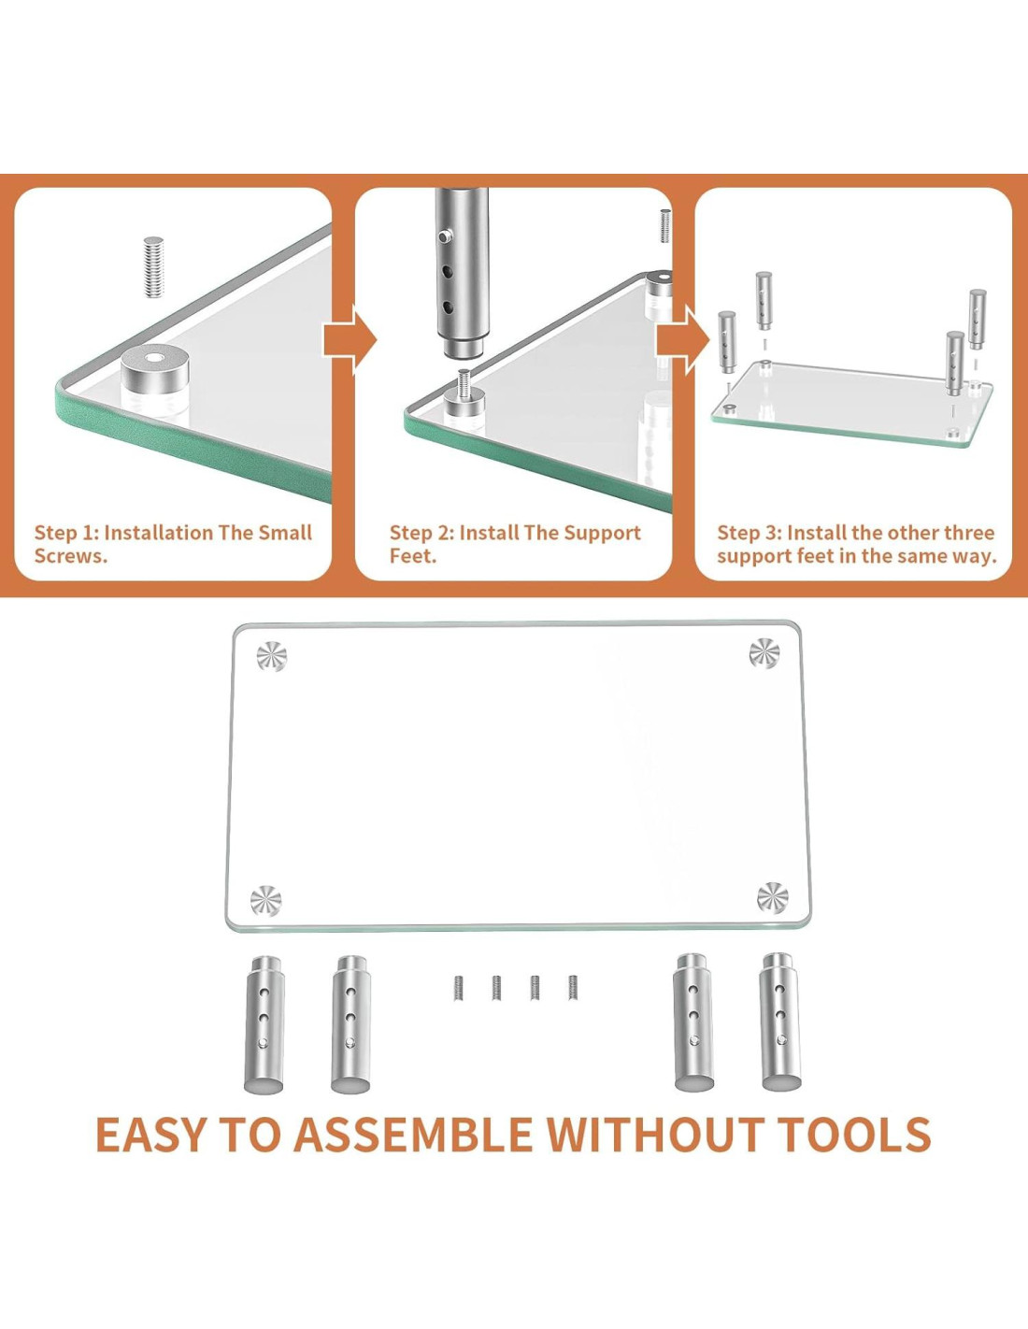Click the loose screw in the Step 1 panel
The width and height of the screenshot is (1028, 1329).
pos(153,267)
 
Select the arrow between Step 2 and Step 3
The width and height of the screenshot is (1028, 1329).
pos(683,339)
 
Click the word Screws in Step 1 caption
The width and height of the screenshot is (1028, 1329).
pos(71,556)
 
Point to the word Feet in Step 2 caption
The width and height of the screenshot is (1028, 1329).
pos(413,556)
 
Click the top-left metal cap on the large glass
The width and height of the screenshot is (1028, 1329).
pos(272,657)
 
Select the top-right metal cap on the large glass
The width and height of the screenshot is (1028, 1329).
pos(764,653)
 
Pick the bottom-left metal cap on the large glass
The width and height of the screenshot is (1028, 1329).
pos(266,900)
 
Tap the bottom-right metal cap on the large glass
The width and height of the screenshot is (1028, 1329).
pos(773,897)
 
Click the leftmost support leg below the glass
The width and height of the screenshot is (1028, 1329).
pos(264,1024)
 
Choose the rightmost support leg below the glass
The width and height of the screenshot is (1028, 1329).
pos(780,1022)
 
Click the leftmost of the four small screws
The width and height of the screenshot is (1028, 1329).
pos(459,988)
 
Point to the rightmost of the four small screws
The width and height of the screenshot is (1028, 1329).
pos(573,987)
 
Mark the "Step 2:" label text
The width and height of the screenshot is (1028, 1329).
pos(422,533)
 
